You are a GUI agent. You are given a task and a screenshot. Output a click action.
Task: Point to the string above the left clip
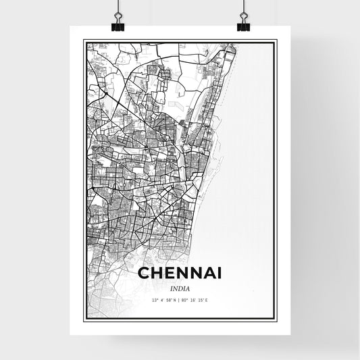pyautogui.click(x=118, y=7)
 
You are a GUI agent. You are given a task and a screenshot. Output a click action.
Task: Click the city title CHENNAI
pyautogui.click(x=180, y=273)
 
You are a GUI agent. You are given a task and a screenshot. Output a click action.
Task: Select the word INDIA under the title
pyautogui.click(x=180, y=288)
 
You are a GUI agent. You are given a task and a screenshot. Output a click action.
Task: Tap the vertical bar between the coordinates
pyautogui.click(x=180, y=300)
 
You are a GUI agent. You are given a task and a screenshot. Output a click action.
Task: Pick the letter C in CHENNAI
pyautogui.click(x=143, y=273)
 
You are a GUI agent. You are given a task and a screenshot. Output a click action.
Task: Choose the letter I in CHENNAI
pyautogui.click(x=221, y=273)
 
